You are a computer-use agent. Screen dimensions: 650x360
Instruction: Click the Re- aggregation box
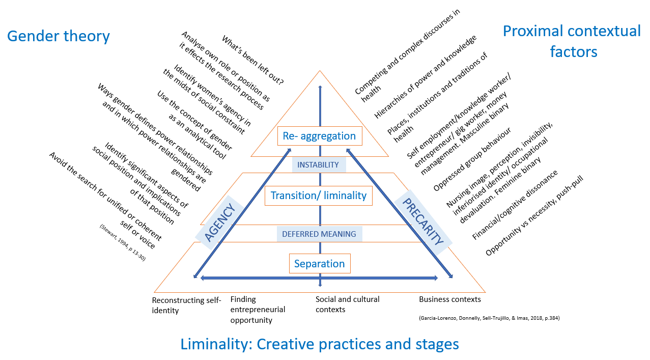click(x=320, y=136)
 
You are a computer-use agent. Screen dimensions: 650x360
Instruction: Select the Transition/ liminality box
click(x=318, y=196)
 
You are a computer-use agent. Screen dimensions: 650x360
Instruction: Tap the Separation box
click(x=320, y=264)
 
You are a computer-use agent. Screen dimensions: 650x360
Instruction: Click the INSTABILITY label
click(x=318, y=165)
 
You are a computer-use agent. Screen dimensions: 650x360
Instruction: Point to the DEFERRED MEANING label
click(x=319, y=234)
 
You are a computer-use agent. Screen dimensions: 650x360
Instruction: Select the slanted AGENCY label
click(x=220, y=223)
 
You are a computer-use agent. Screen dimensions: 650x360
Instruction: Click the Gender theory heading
click(x=59, y=36)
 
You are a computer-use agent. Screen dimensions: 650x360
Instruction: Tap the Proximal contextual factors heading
click(x=572, y=41)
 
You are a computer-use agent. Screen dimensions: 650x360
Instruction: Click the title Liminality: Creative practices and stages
click(x=320, y=344)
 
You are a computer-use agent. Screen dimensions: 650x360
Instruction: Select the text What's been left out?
click(x=252, y=60)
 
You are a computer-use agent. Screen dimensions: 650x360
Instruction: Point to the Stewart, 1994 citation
click(x=123, y=242)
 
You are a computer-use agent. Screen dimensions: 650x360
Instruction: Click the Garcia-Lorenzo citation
click(x=489, y=318)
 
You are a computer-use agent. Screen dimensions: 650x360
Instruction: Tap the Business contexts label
click(x=450, y=299)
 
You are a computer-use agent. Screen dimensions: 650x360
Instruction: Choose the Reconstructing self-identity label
click(x=186, y=305)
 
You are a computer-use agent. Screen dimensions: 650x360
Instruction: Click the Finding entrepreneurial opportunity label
click(x=258, y=310)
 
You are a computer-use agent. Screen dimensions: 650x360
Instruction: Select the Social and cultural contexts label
click(x=347, y=304)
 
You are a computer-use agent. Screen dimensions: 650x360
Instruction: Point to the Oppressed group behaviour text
click(x=472, y=159)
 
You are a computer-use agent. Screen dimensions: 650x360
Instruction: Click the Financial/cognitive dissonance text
click(x=515, y=205)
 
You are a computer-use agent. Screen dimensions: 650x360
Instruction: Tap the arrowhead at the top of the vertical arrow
click(x=320, y=87)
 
